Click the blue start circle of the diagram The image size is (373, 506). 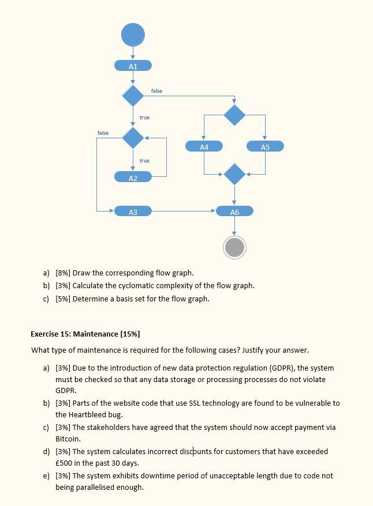(x=133, y=35)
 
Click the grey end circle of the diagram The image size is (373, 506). (x=234, y=247)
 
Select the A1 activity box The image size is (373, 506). (x=133, y=66)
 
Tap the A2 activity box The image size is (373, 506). (x=133, y=178)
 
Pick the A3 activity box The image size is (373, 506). (x=133, y=212)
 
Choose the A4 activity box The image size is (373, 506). (x=204, y=147)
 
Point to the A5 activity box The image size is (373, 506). (x=265, y=147)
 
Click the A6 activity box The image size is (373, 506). (x=234, y=212)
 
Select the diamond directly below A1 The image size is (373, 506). (x=133, y=96)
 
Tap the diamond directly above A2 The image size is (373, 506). (x=133, y=138)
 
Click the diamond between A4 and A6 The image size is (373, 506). (x=234, y=173)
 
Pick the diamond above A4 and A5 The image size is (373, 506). (x=234, y=115)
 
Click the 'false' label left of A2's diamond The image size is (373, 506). (x=103, y=133)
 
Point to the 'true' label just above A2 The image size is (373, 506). (x=144, y=161)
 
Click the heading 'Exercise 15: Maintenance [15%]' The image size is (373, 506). (x=85, y=334)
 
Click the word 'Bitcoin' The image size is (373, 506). (x=67, y=439)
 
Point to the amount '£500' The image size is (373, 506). (x=64, y=463)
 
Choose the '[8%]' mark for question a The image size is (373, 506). (x=63, y=273)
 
